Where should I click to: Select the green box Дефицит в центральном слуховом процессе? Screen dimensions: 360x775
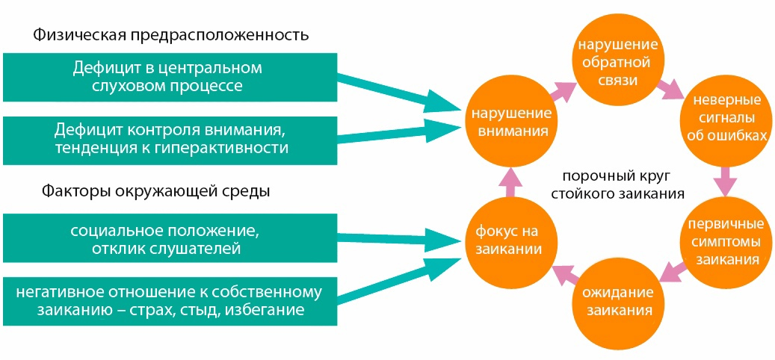coord(167,77)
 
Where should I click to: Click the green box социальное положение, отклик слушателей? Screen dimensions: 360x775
coord(167,238)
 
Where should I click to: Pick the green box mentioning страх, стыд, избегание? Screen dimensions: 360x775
coord(167,300)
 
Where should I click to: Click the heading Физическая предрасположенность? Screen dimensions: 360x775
coord(170,35)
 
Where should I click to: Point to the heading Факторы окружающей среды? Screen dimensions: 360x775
coord(155,190)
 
